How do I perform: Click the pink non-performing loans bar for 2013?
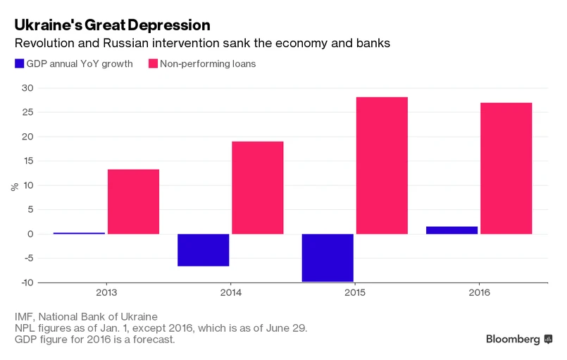click(x=133, y=201)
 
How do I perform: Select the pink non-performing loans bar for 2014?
click(x=258, y=187)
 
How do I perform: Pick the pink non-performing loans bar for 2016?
click(x=506, y=168)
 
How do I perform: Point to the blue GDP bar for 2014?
click(x=204, y=250)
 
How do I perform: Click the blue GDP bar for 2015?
click(x=328, y=258)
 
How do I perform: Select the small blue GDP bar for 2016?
click(x=452, y=230)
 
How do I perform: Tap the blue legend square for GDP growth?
click(x=20, y=63)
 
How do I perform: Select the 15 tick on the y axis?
click(x=26, y=161)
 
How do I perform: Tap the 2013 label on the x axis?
click(x=106, y=292)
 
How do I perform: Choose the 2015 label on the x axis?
click(x=354, y=292)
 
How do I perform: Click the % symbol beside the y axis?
click(x=13, y=187)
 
